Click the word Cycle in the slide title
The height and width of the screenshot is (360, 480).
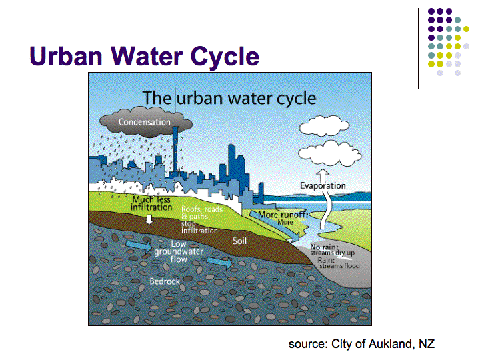click(x=225, y=56)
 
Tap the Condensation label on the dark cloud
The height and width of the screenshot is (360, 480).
click(x=145, y=122)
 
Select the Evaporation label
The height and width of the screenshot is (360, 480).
click(x=323, y=185)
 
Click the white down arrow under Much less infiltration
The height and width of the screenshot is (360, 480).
click(x=149, y=219)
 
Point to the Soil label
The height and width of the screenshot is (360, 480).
click(x=239, y=241)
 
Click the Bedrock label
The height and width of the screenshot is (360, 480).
click(x=165, y=281)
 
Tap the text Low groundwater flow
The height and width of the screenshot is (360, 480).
click(x=179, y=251)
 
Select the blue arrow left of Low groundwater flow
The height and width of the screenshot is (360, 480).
click(x=139, y=245)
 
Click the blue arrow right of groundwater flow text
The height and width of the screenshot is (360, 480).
click(x=220, y=263)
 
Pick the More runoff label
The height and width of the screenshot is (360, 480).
click(x=283, y=215)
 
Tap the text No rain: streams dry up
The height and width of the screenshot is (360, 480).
click(x=332, y=250)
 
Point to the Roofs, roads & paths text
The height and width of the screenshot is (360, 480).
click(x=202, y=213)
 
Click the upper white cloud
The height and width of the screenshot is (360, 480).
click(x=324, y=125)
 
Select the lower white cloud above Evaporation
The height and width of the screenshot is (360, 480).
click(x=329, y=153)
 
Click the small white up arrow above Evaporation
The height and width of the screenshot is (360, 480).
click(x=323, y=175)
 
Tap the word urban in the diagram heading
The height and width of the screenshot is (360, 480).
click(x=199, y=99)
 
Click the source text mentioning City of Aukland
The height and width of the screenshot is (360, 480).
click(x=361, y=344)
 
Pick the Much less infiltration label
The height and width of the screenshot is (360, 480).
click(x=151, y=203)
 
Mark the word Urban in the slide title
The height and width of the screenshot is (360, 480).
click(x=66, y=56)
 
